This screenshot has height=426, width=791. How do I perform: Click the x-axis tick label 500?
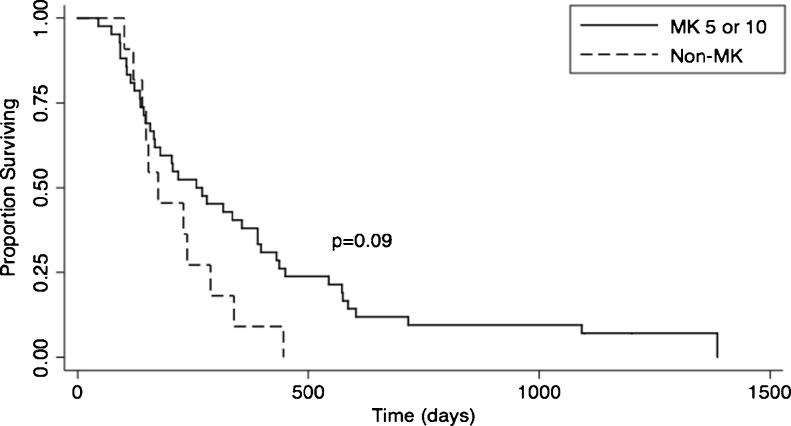[x=307, y=389]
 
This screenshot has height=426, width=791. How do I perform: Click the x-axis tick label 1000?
[x=538, y=389]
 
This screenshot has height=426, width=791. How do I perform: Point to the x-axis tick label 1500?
[x=768, y=389]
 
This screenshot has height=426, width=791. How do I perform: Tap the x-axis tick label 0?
[x=77, y=389]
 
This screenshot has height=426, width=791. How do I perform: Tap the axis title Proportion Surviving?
[x=12, y=188]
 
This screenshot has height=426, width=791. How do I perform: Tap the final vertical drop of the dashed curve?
[x=284, y=342]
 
